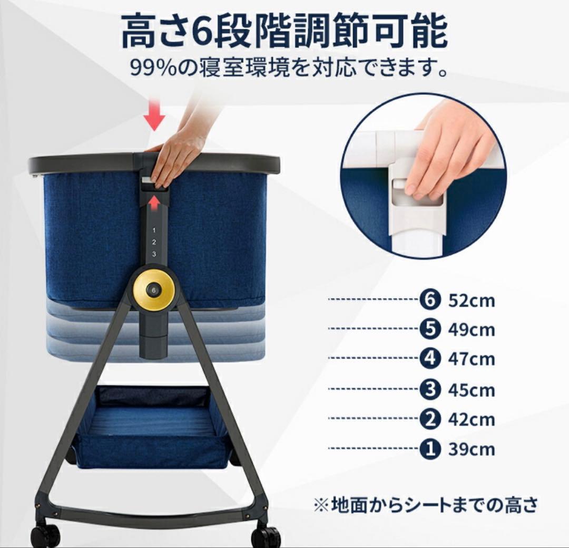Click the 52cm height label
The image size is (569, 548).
pos(472,301)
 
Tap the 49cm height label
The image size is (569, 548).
pos(472,330)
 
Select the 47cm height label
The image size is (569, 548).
pos(472,359)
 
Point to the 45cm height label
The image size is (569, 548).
pos(472,390)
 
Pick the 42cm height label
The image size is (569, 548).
pos(472,420)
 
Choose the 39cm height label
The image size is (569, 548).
pos(472,449)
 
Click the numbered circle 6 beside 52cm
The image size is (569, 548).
pos(430,300)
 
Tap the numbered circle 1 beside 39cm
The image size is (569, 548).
pos(430,449)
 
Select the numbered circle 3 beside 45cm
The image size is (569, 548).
pos(430,390)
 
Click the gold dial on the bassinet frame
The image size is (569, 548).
pos(154,290)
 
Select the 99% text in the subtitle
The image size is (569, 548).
pos(151,67)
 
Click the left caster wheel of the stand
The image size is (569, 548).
pos(45,535)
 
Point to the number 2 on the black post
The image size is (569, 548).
pos(153,242)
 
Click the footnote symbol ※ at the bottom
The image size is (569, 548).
pos(321,505)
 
